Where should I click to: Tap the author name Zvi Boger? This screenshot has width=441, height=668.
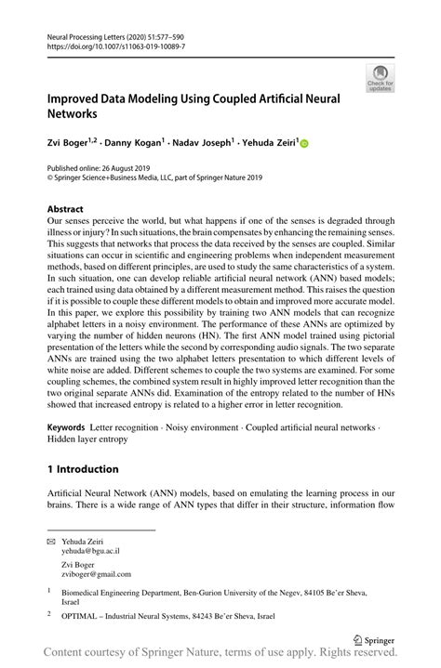pos(68,144)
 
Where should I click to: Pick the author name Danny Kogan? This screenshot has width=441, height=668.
pos(134,144)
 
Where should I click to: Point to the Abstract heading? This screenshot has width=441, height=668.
pos(65,210)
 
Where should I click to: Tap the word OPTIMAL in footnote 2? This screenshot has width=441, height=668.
pos(85,615)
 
